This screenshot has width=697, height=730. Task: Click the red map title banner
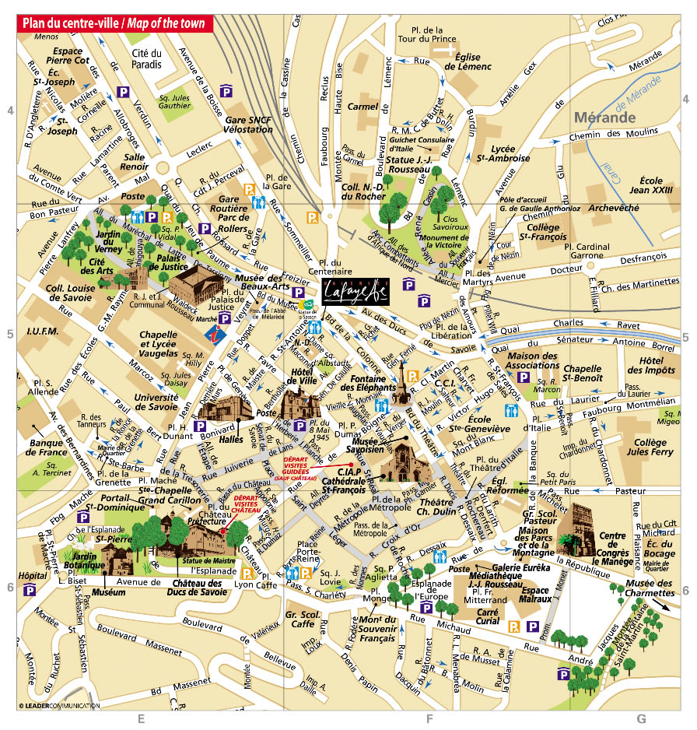point(114,23)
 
